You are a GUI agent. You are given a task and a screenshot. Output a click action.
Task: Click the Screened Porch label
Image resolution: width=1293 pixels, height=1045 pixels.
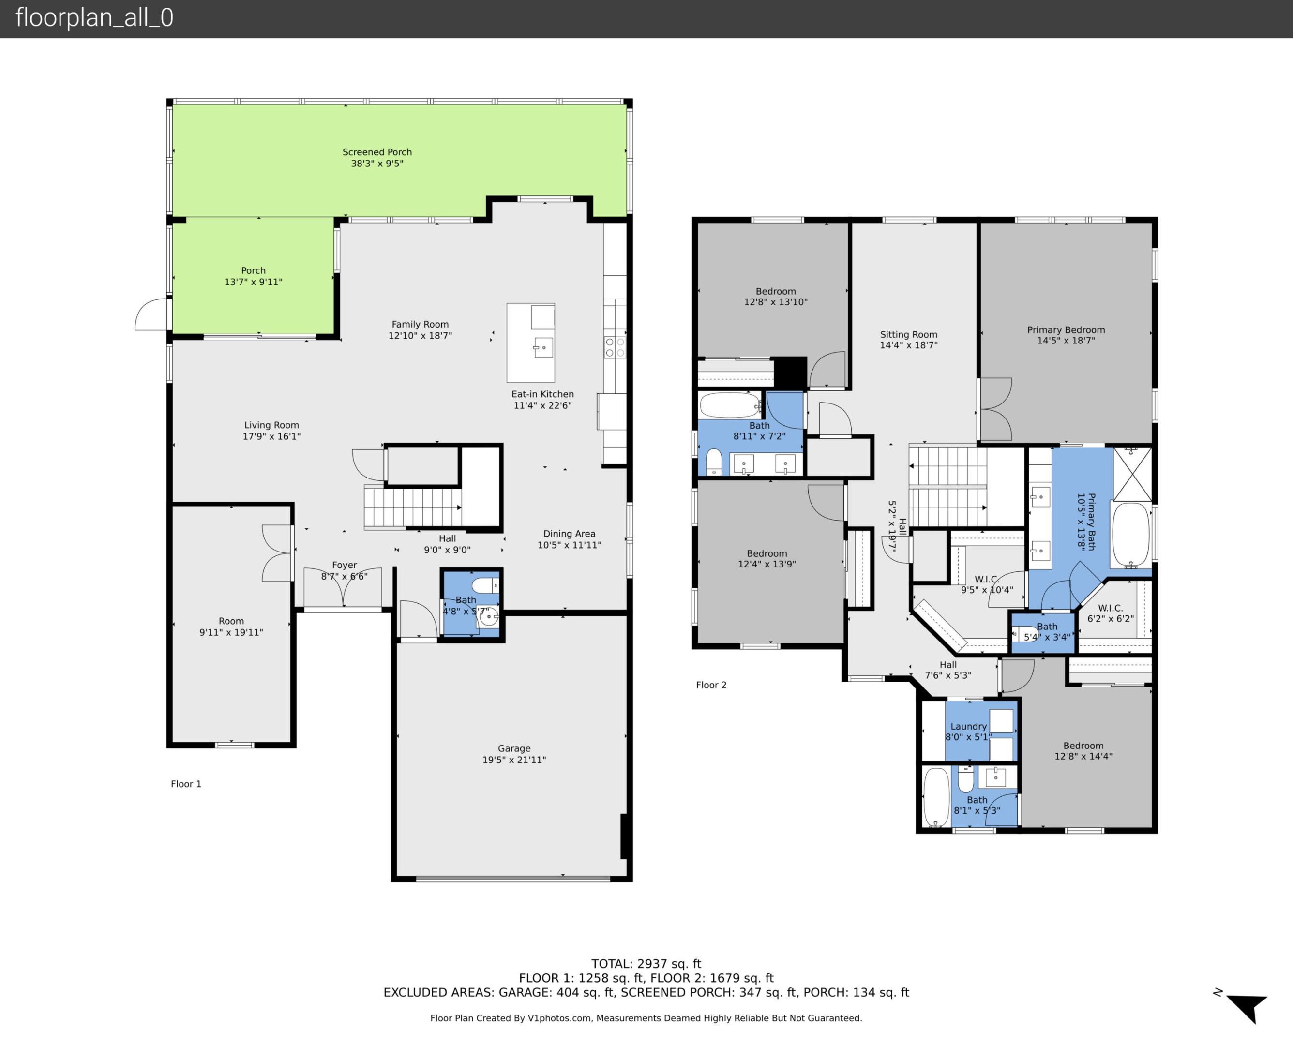[377, 152]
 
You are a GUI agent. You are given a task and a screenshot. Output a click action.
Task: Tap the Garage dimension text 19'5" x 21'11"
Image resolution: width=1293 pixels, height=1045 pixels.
[513, 760]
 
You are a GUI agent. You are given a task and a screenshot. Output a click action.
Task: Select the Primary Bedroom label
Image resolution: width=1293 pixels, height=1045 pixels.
[1066, 330]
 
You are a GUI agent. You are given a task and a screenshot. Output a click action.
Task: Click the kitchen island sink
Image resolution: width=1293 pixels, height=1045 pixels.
[543, 347]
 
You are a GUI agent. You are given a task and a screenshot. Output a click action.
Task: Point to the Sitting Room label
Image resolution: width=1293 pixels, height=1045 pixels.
[908, 335]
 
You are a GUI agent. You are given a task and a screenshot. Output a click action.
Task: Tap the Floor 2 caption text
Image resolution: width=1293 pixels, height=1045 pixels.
[711, 685]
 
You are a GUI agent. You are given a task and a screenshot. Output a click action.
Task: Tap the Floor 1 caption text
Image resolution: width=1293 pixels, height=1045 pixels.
[186, 784]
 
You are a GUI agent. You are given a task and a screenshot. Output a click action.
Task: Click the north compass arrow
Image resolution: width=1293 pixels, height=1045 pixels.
[1247, 1008]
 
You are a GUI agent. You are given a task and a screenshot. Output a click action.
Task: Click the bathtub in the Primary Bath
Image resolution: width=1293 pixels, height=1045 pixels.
[1130, 535]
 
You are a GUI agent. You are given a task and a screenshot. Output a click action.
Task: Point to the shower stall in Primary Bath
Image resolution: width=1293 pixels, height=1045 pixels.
[1132, 474]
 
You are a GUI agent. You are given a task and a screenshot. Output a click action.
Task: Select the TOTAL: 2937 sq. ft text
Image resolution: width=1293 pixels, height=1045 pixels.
[646, 964]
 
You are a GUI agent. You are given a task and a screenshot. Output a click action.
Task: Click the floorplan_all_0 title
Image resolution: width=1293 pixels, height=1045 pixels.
[94, 17]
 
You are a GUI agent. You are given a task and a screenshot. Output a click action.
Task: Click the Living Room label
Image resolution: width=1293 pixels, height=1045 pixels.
[271, 425]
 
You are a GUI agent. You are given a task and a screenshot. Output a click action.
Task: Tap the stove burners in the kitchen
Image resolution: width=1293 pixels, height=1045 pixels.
[615, 347]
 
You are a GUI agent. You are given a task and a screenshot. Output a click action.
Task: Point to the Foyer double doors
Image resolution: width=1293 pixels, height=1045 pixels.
[343, 587]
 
